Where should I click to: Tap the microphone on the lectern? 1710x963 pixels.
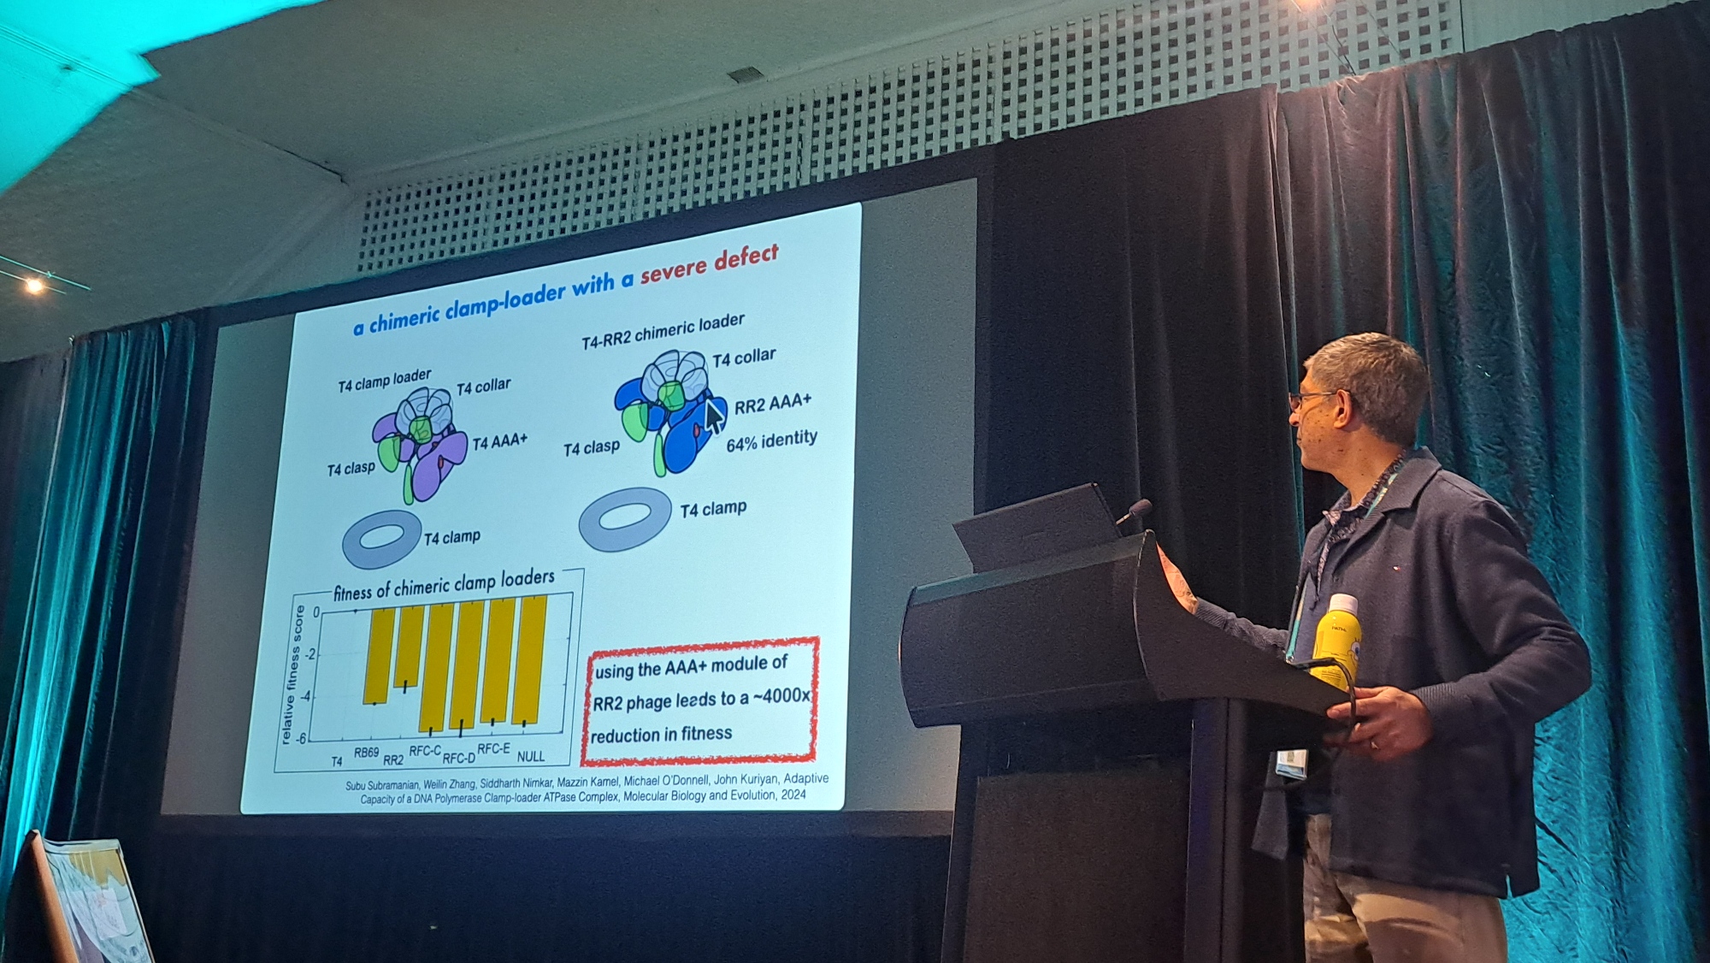1134,512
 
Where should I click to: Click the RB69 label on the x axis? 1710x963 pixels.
366,753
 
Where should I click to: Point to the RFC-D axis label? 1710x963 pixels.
458,758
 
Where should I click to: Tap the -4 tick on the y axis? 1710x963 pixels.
312,695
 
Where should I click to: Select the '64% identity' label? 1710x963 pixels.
772,440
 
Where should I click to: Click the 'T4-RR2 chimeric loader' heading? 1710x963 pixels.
663,331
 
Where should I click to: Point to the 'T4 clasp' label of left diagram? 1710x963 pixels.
351,469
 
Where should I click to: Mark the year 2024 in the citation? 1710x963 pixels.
793,795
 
